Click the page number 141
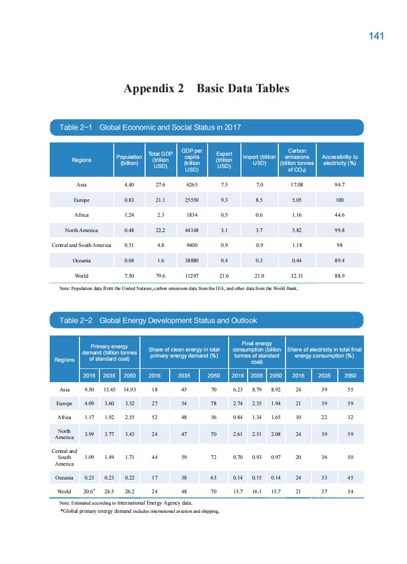(x=376, y=36)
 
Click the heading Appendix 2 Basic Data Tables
(x=206, y=89)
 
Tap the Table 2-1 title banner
(x=206, y=128)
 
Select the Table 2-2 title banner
(x=206, y=321)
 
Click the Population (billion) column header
(x=129, y=160)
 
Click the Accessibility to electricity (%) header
(x=339, y=160)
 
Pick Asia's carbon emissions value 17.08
(x=297, y=185)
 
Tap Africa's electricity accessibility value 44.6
(x=339, y=215)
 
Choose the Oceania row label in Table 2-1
(x=82, y=260)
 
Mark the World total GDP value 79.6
(x=160, y=276)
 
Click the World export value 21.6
(x=224, y=276)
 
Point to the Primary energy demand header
(x=109, y=352)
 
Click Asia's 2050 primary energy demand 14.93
(x=129, y=389)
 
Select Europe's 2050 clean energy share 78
(x=213, y=404)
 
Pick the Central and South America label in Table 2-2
(x=65, y=457)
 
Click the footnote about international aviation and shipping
(x=139, y=511)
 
